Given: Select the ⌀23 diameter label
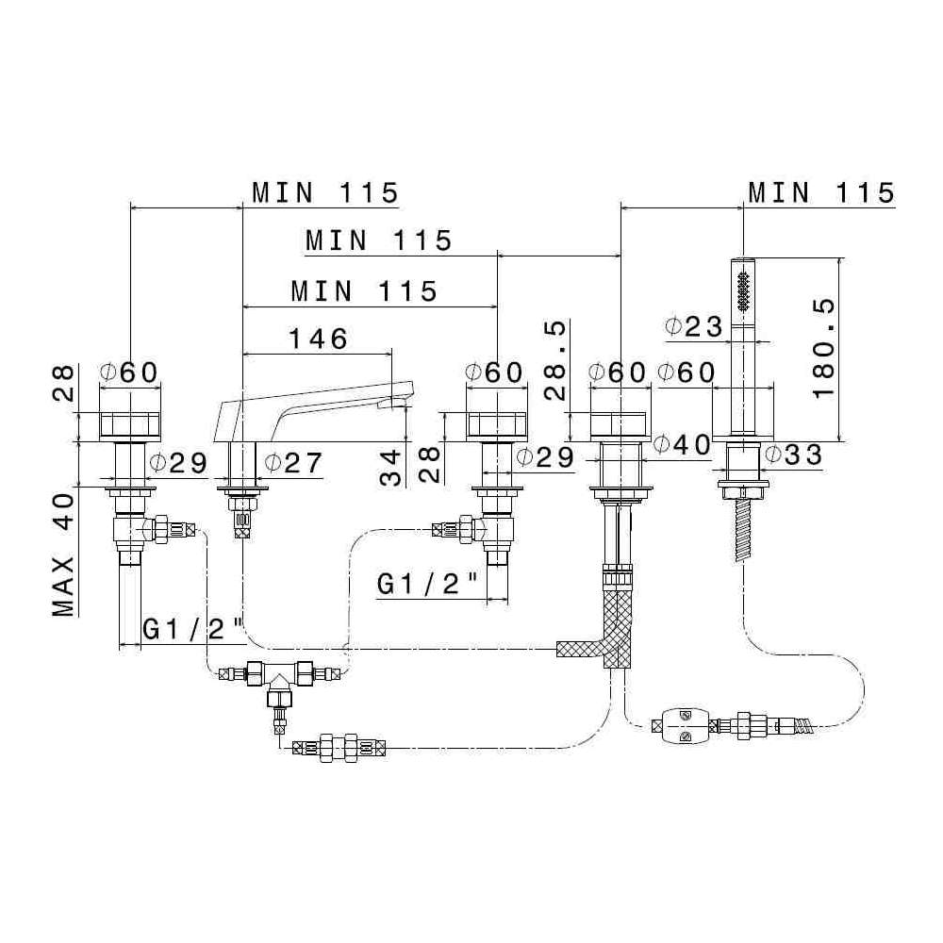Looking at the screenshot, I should pyautogui.click(x=693, y=328).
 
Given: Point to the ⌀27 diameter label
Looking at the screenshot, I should pyautogui.click(x=293, y=463).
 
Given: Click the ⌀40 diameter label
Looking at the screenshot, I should pyautogui.click(x=683, y=444).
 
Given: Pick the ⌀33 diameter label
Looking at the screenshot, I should pyautogui.click(x=793, y=455).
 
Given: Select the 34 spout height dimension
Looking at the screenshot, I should pyautogui.click(x=390, y=466).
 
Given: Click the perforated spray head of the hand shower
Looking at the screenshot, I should pyautogui.click(x=744, y=287).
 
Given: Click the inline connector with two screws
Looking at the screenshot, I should pyautogui.click(x=683, y=725).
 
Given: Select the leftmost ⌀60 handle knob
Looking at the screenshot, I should pyautogui.click(x=130, y=425).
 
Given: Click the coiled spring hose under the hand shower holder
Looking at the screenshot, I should pyautogui.click(x=741, y=532).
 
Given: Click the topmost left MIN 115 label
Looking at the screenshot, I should pyautogui.click(x=324, y=192).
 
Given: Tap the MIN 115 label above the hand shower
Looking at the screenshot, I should pyautogui.click(x=819, y=192).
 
